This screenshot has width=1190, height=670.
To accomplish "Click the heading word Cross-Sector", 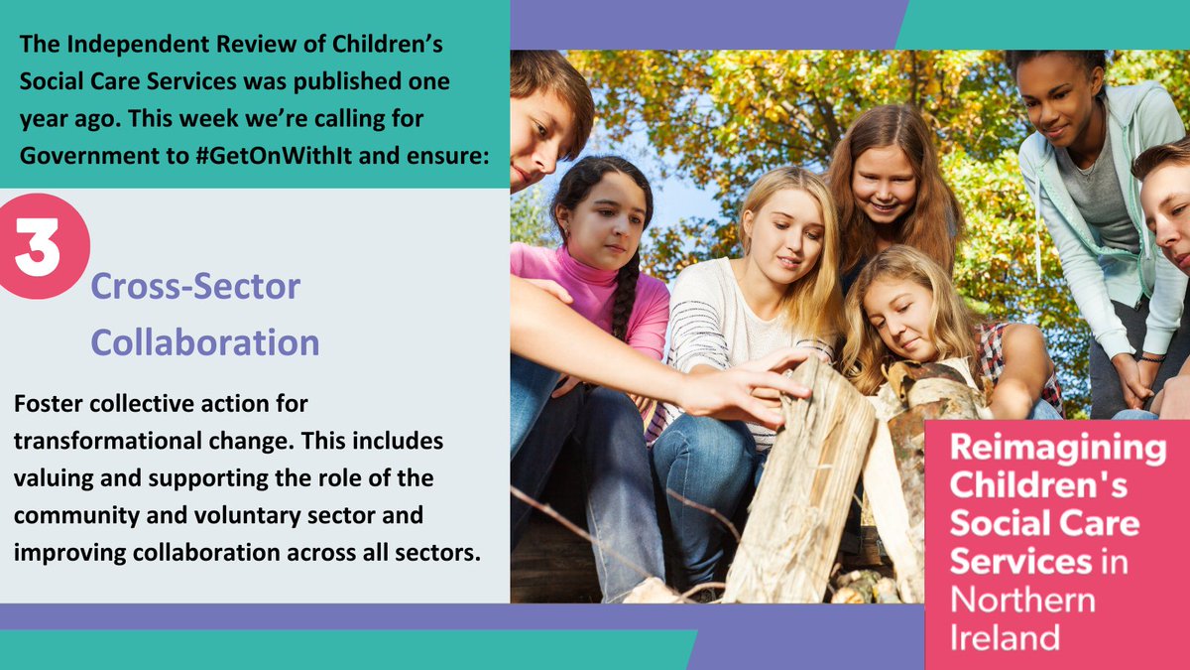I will (195, 288).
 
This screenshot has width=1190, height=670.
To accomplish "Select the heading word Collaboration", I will (205, 341).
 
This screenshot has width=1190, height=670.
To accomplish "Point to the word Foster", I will (47, 407).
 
